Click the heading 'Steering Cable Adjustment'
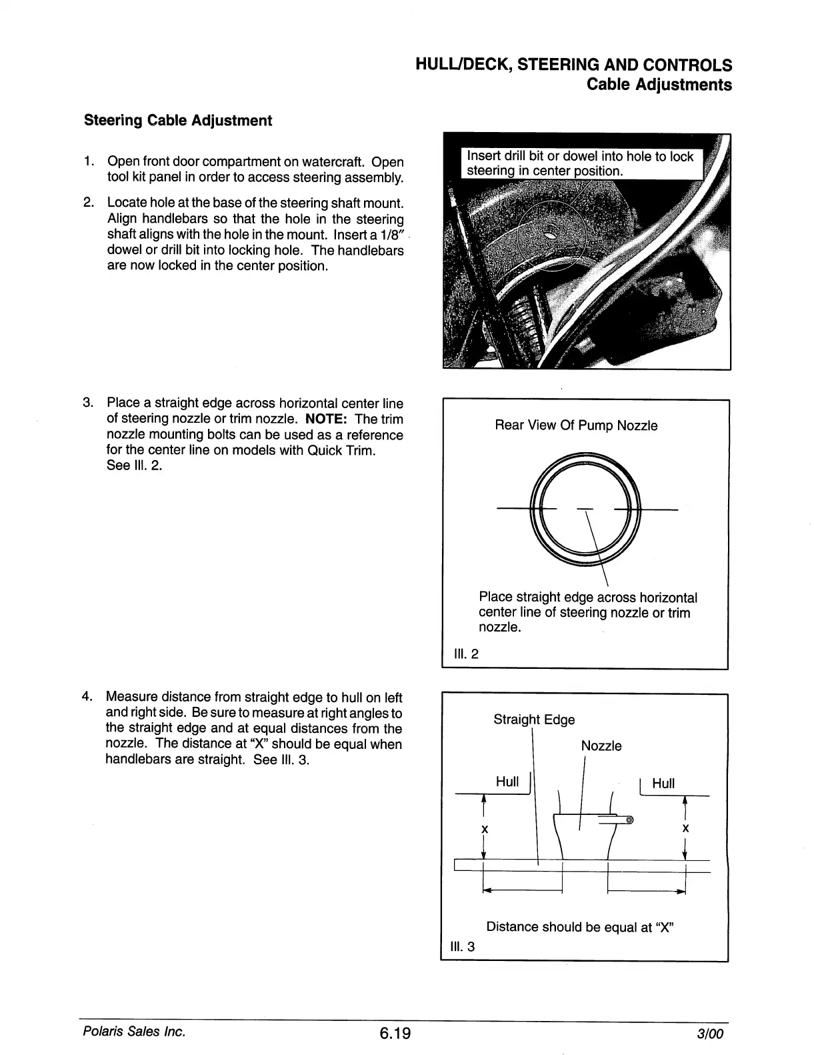click(x=177, y=121)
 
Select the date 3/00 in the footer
click(x=710, y=1034)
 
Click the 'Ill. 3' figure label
click(x=463, y=946)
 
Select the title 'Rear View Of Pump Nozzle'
click(x=576, y=425)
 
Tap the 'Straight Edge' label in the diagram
click(x=533, y=720)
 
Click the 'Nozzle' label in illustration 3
click(x=601, y=746)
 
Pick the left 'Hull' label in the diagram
click(x=507, y=782)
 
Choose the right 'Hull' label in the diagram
click(x=663, y=784)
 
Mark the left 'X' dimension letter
click(x=485, y=829)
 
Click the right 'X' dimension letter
click(x=685, y=829)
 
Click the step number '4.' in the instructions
click(x=87, y=698)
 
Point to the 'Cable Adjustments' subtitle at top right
click(x=659, y=85)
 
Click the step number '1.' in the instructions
click(x=89, y=161)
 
